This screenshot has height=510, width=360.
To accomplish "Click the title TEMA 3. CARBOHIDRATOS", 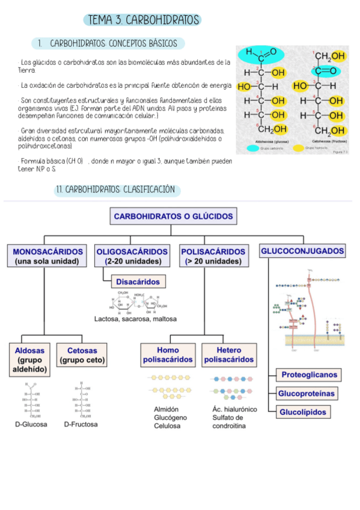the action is coord(143,20).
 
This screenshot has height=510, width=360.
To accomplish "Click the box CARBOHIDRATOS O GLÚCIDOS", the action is coord(173,217).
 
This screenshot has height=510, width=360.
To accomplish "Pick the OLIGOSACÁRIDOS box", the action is coord(132,256).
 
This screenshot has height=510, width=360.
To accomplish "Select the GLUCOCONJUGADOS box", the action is coord(303,251).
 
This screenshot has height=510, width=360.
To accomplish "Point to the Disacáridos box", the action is coord(138,281).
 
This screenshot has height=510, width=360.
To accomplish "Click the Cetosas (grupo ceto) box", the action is coord(82,355).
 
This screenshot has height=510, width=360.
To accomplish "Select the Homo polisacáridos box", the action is coord(168,355).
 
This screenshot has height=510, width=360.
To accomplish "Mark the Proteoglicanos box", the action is coord(310,375).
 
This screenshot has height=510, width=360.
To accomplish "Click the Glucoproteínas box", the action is coord(306,394).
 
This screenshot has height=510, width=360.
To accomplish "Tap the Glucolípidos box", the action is coord(302,412).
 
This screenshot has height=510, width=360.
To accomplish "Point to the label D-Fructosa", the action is coord(81,424).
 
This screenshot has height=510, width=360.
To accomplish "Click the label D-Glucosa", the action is coord(31,424).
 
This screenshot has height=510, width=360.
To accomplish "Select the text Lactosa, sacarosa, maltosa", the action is coord(135,319).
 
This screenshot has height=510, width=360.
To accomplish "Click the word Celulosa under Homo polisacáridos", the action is coord(167,426).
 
